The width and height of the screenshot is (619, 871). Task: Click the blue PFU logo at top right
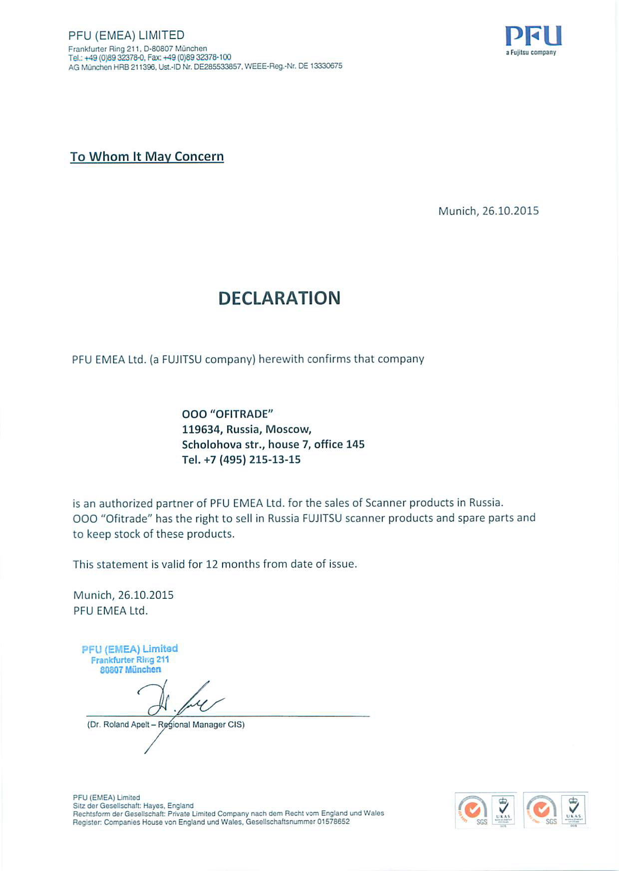click(533, 36)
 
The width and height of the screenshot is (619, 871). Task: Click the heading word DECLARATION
click(280, 298)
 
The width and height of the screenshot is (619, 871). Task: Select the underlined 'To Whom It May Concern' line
click(147, 157)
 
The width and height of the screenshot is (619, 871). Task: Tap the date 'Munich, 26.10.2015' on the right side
click(488, 211)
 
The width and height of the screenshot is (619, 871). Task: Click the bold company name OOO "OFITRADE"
click(228, 414)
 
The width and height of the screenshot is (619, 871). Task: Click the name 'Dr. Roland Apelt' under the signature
click(119, 725)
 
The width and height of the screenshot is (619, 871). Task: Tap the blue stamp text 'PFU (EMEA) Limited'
click(130, 649)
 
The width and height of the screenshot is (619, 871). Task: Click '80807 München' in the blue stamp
click(130, 670)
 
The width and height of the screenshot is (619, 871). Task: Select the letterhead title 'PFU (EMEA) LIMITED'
click(126, 35)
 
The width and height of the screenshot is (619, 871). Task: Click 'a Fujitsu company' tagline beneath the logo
click(531, 53)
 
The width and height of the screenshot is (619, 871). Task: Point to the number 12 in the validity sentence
click(212, 564)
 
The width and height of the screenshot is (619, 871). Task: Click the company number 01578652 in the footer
click(333, 822)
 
